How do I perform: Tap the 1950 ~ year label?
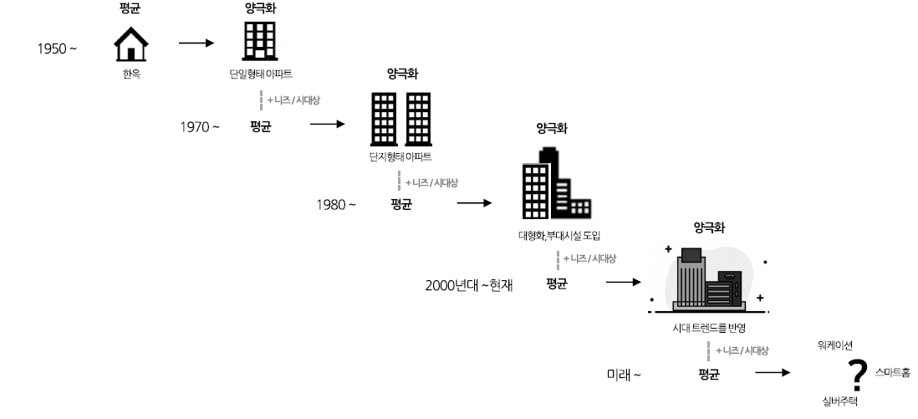57,48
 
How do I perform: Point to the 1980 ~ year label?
336,204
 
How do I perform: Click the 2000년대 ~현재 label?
468,285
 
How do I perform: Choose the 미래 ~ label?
624,374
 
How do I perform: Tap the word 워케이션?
834,345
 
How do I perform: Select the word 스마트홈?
892,371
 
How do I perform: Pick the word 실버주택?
839,401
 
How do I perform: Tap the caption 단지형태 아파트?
400,156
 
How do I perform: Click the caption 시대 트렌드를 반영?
708,326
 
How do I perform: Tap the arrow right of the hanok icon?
196,42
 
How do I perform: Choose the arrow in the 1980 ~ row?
474,202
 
